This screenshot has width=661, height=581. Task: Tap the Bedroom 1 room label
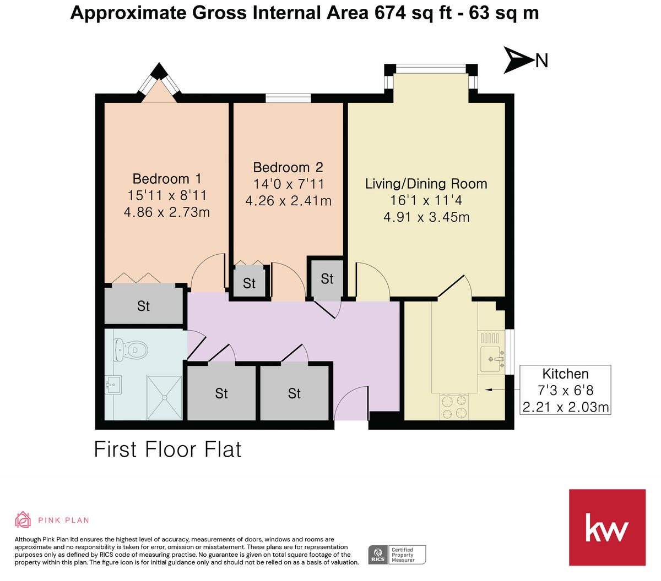click(x=167, y=179)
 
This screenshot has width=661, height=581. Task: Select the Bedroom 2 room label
click(x=288, y=167)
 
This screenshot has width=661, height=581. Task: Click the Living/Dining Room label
click(x=426, y=184)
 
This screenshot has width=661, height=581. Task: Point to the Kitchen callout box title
click(x=565, y=374)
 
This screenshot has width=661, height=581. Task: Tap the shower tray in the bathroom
click(x=164, y=397)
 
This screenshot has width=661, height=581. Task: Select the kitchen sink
click(x=492, y=359)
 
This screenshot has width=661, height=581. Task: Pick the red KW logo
click(x=607, y=527)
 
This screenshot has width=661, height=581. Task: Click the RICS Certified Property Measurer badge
click(x=397, y=554)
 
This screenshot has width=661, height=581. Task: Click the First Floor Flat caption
click(x=168, y=450)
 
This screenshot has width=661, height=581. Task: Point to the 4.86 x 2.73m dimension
click(x=167, y=212)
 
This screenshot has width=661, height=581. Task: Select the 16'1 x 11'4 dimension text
click(x=426, y=200)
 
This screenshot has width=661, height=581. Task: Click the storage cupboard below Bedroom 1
click(x=144, y=306)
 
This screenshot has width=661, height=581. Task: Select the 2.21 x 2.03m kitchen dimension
click(x=565, y=407)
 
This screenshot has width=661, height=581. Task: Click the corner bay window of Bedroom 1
click(x=159, y=84)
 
